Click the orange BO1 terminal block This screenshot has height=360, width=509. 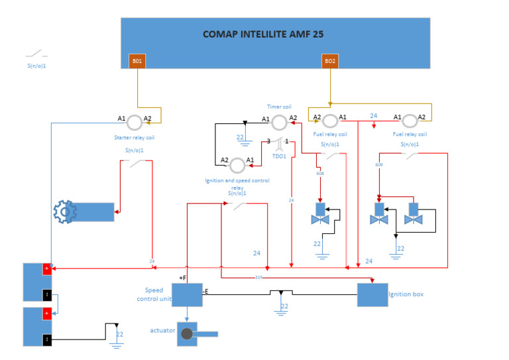pos(137,61)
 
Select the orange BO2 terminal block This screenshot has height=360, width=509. pos(329,61)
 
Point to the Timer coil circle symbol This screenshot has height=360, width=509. pos(279,121)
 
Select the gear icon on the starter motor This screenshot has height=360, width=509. pos(64,213)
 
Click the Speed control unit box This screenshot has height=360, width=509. pos(187,294)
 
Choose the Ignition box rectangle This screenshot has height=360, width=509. pos(372,294)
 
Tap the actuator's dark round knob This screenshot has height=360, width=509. pos(188,334)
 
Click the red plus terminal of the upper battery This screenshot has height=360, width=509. pos(47,269)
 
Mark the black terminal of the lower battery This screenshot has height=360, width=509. pos(47,340)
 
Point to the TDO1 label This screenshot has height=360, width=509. pos(279,156)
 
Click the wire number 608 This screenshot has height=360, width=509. pos(320,174)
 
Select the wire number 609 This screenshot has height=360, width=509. pos(378,164)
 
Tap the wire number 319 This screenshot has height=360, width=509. pos(258,277)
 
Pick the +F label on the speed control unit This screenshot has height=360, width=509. pos(182,278)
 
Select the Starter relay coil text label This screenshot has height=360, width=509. pos(135,139)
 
